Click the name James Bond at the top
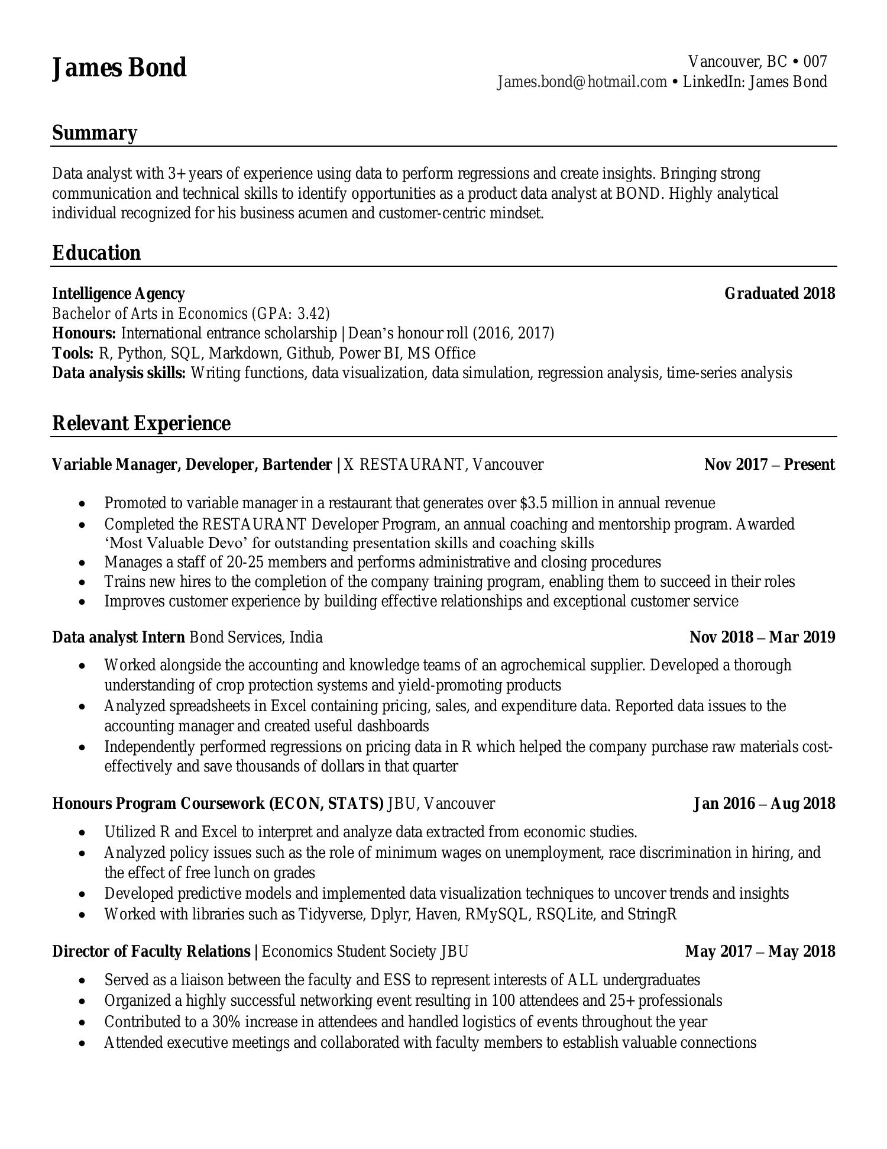pyautogui.click(x=119, y=68)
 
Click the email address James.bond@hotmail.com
pyautogui.click(x=582, y=82)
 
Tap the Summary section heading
pyautogui.click(x=95, y=133)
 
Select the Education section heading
pyautogui.click(x=96, y=253)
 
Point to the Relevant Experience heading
pyautogui.click(x=141, y=424)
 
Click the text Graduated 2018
pyautogui.click(x=779, y=293)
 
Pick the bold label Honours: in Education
pyautogui.click(x=84, y=334)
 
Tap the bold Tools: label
pyautogui.click(x=73, y=354)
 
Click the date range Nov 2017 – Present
pyautogui.click(x=769, y=465)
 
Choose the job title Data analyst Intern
pyautogui.click(x=118, y=638)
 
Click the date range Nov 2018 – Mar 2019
pyautogui.click(x=762, y=638)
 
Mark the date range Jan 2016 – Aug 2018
pyautogui.click(x=764, y=804)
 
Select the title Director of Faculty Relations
pyautogui.click(x=151, y=951)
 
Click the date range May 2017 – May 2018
pyautogui.click(x=760, y=951)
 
